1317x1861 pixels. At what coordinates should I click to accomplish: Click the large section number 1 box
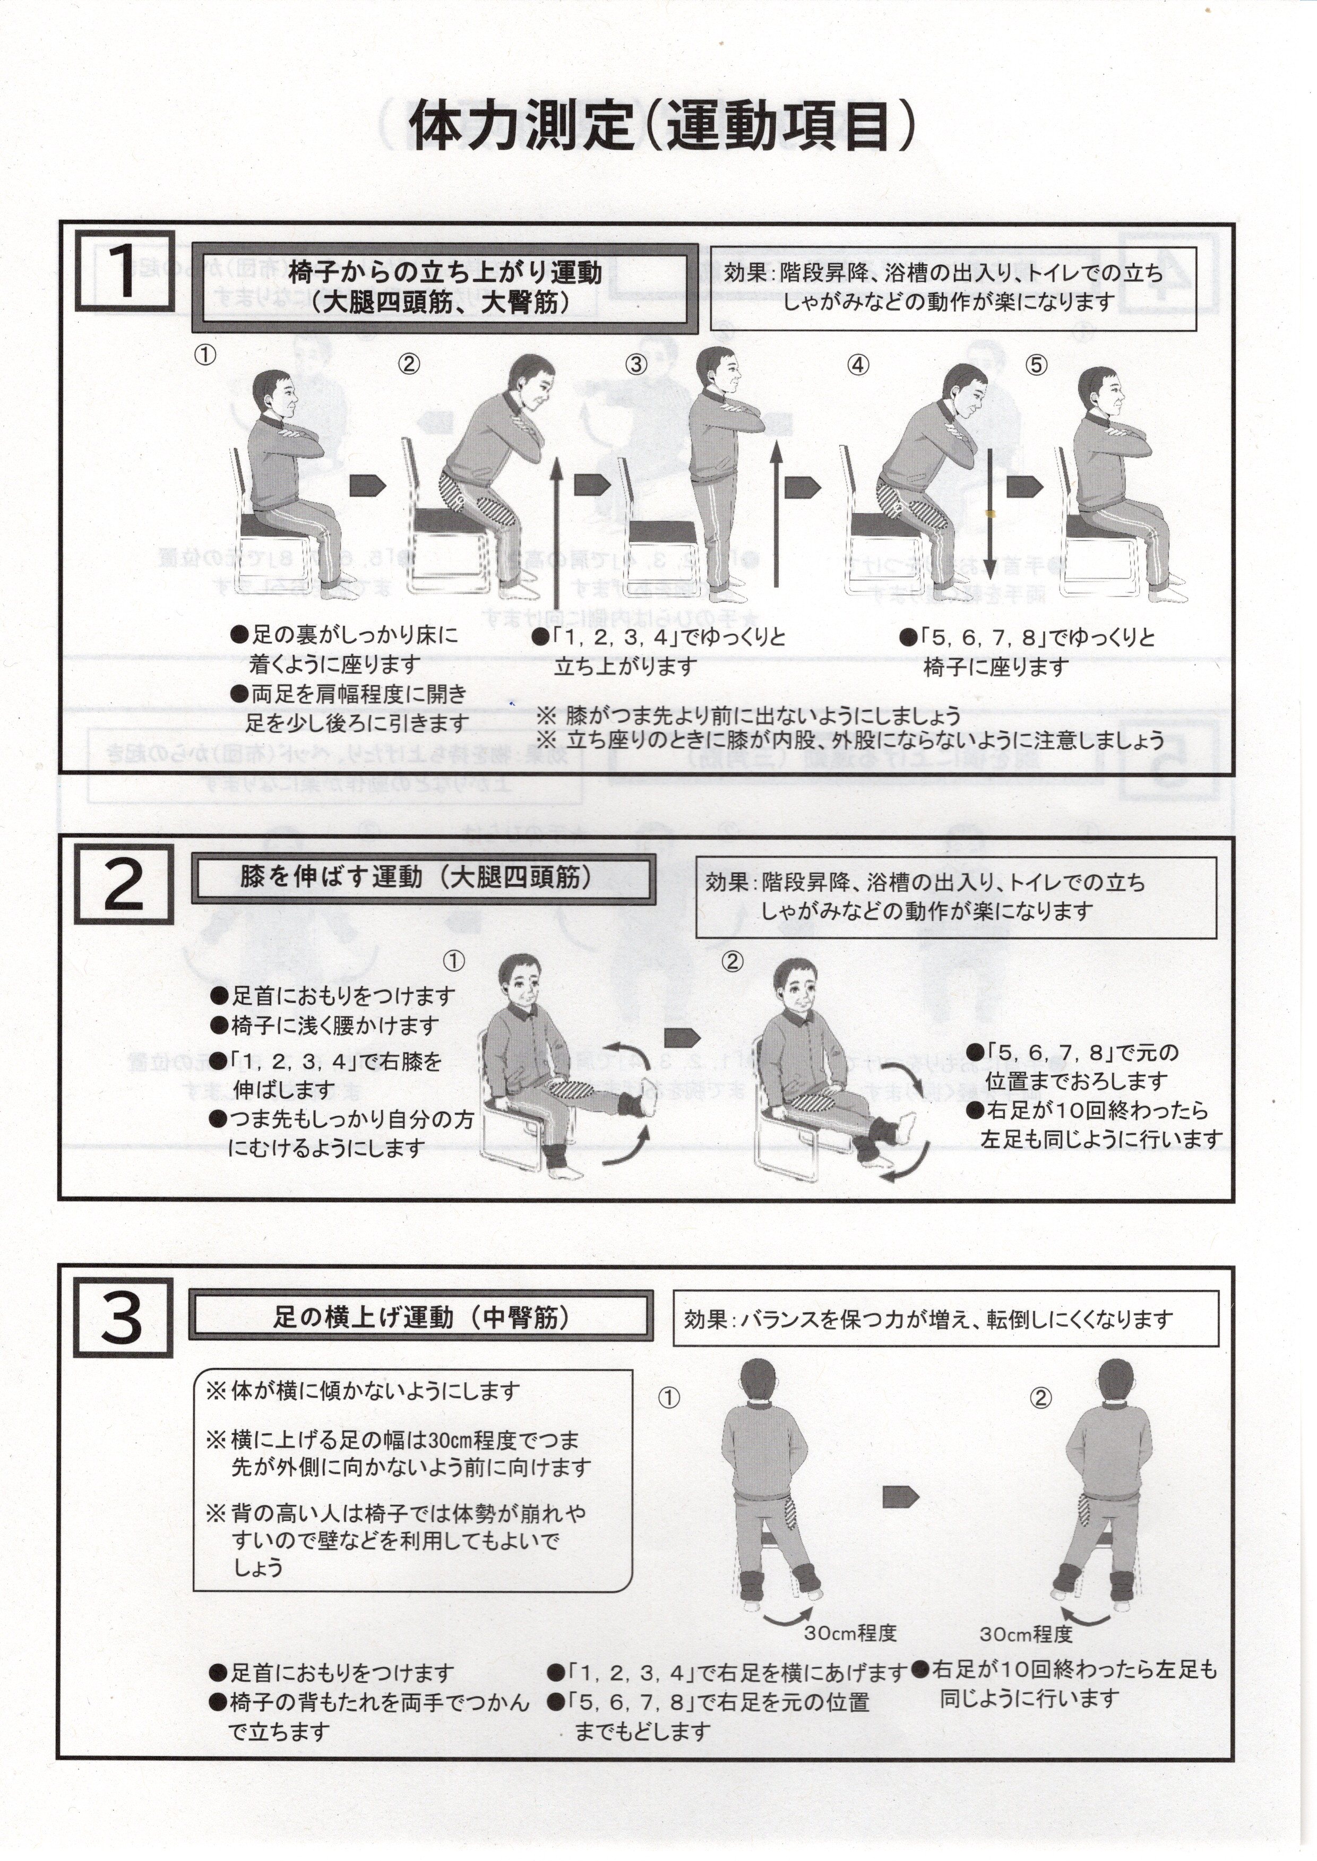click(125, 271)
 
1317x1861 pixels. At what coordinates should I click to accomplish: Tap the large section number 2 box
click(124, 884)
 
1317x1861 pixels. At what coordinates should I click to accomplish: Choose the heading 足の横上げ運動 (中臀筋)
click(421, 1317)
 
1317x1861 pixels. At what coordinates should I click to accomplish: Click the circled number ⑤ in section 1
click(1036, 365)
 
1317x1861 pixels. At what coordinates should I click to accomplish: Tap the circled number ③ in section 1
click(636, 365)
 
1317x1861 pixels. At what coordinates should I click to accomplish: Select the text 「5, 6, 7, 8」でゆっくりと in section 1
click(1028, 637)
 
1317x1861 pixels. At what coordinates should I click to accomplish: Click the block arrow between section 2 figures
click(681, 1038)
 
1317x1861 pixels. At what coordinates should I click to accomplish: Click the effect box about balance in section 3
click(945, 1317)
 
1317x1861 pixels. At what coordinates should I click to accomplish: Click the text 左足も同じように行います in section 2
click(1101, 1139)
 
